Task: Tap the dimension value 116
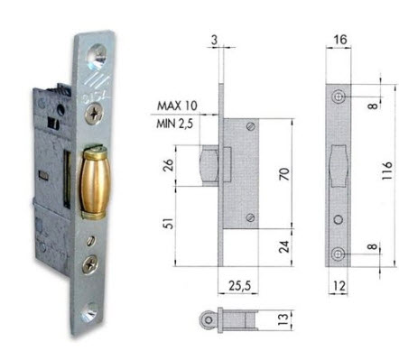coord(387,171)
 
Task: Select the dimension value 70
coord(284,174)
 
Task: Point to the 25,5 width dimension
coord(239,285)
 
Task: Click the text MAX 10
coord(177,106)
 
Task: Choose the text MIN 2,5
coord(174,124)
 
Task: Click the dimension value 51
coord(169,223)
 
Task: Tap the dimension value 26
coord(169,165)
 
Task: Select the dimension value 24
coord(284,246)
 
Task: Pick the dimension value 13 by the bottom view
coord(283,318)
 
